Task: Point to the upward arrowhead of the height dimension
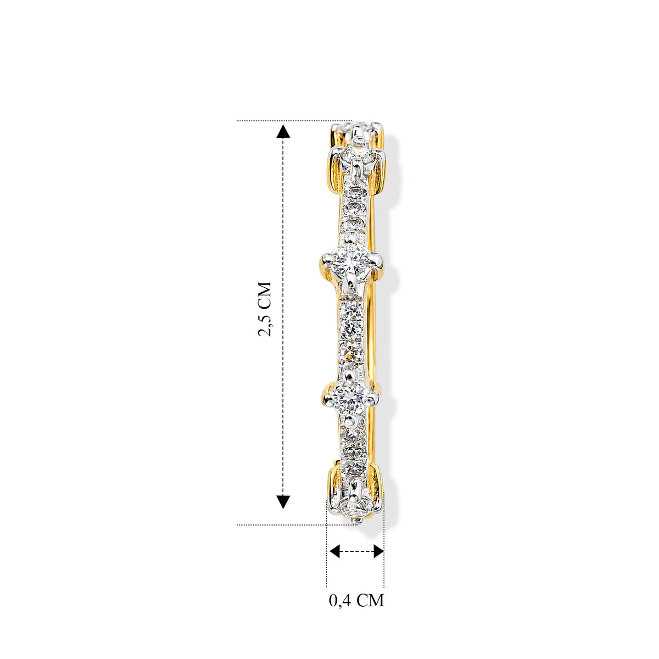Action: pyautogui.click(x=283, y=131)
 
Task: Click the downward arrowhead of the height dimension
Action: pyautogui.click(x=283, y=502)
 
